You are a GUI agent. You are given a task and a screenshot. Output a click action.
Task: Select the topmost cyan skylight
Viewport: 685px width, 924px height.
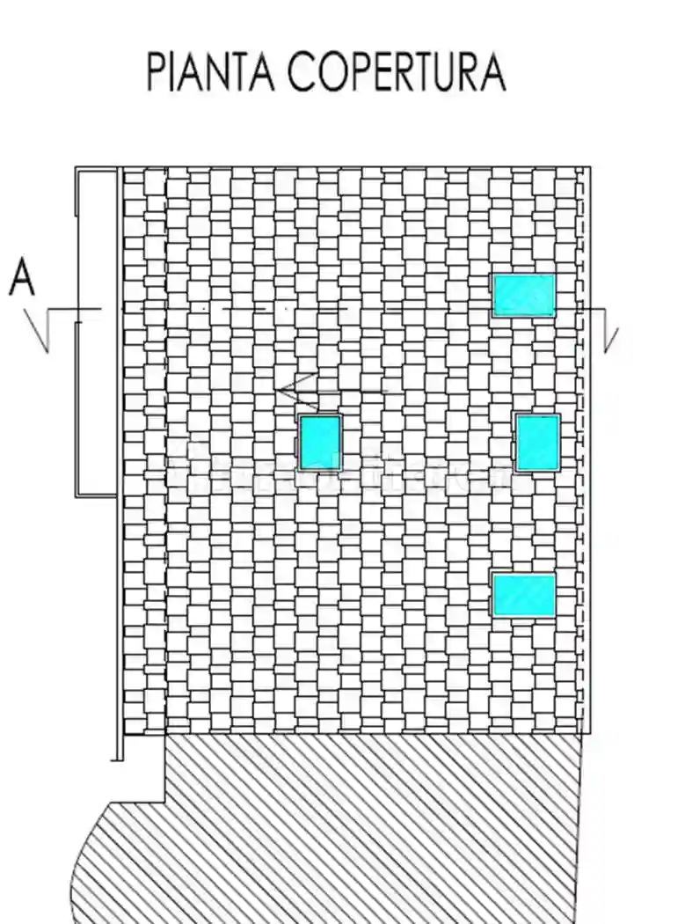[x=523, y=295]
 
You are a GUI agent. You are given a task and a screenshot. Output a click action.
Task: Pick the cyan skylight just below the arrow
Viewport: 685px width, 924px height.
[x=320, y=443]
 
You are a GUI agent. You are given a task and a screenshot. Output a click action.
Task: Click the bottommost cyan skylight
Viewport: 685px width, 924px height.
[x=523, y=596]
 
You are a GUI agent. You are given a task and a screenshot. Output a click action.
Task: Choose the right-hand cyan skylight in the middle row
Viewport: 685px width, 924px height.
[x=537, y=443]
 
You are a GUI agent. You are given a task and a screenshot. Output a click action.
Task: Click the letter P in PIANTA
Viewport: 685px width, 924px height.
[x=157, y=72]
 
